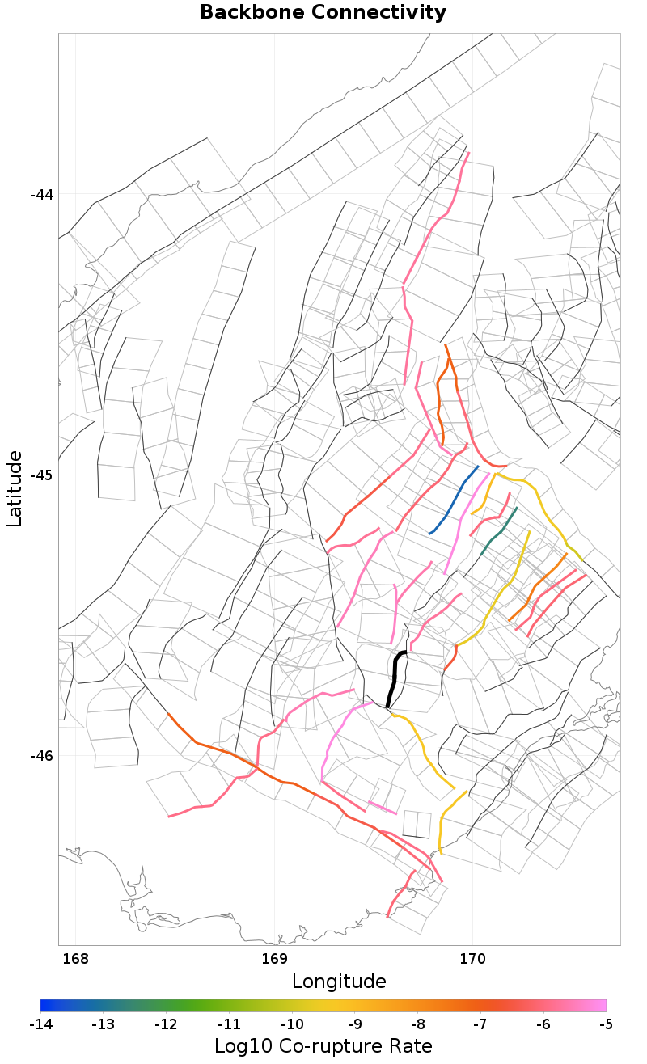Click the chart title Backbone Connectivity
[323, 12]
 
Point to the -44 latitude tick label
[42, 195]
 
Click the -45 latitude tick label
[42, 475]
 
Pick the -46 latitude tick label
[42, 755]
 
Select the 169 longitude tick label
[275, 960]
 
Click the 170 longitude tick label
[472, 960]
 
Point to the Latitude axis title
[15, 489]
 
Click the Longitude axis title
[339, 982]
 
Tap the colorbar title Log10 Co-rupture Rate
[323, 1045]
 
